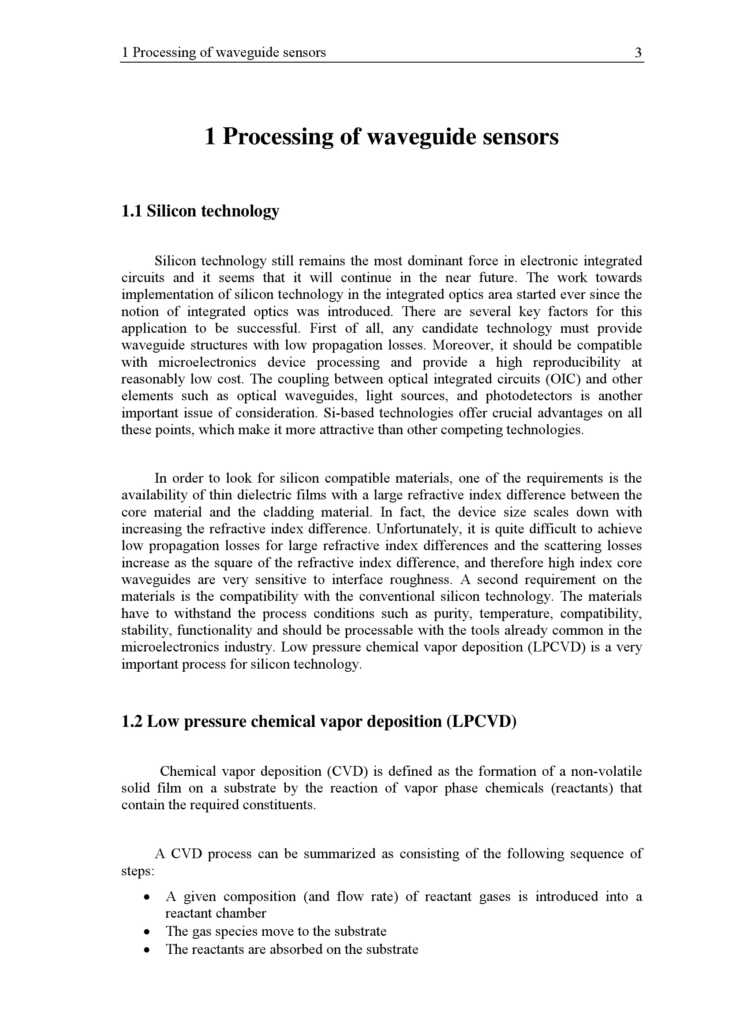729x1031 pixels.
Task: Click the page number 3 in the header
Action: pos(638,53)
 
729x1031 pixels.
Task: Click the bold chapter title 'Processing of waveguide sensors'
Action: pos(390,137)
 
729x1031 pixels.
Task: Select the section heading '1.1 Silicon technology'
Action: pos(200,211)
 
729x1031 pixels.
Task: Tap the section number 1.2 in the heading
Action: pos(131,722)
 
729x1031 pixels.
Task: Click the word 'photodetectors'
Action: pos(529,396)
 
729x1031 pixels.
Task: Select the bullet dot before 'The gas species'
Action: pos(146,932)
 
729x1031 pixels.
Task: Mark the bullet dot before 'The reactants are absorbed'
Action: pos(146,950)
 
